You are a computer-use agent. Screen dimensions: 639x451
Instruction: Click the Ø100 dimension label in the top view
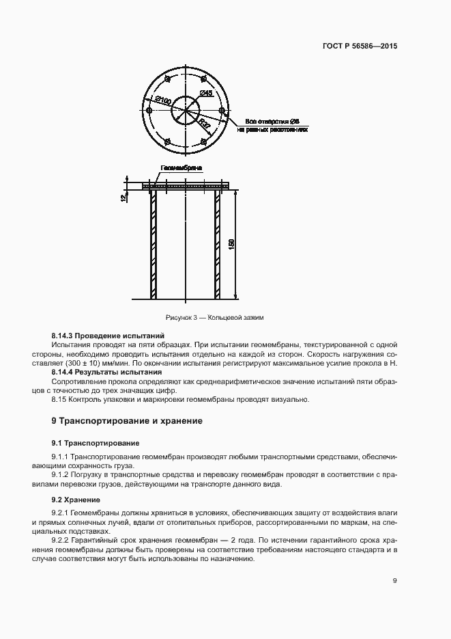[163, 100]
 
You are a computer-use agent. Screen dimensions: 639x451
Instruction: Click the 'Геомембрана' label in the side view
[181, 167]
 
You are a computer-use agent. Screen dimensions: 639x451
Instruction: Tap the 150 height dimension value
[232, 244]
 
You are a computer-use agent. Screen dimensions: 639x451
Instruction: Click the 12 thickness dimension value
[123, 198]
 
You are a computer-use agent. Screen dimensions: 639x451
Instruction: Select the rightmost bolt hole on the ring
[222, 110]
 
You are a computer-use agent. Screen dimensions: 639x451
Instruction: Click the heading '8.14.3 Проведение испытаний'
[108, 336]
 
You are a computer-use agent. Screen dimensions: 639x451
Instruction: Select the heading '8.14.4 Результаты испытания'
[106, 372]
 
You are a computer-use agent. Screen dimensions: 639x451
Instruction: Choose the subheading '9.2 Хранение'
[76, 499]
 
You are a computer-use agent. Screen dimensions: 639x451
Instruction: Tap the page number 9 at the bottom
[395, 581]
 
